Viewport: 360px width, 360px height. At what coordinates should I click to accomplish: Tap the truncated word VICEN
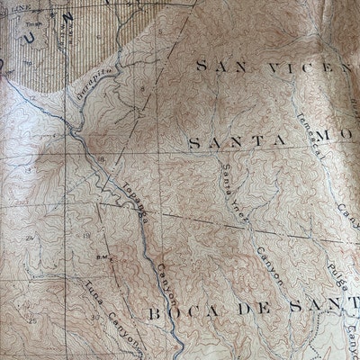click(x=301, y=67)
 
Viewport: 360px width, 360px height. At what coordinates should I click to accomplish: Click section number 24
click(x=31, y=238)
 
